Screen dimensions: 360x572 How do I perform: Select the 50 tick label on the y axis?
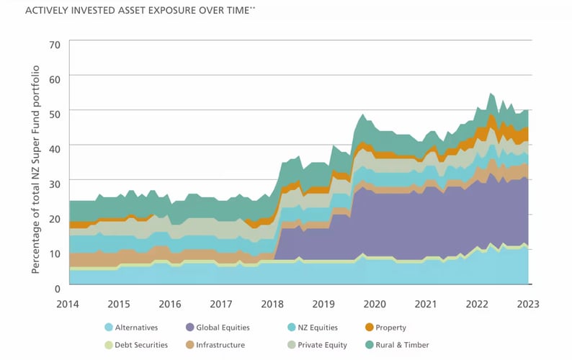pos(55,113)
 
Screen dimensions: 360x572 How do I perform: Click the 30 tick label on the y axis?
pos(55,183)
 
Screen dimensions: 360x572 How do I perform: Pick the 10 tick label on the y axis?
pos(55,252)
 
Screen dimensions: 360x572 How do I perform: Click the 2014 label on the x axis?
pos(69,304)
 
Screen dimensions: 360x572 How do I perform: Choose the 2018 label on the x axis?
pos(273,304)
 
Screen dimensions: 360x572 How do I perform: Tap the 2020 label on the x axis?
pos(375,304)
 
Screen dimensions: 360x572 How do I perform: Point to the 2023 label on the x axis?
pos(528,304)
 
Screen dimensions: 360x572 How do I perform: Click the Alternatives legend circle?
pos(109,327)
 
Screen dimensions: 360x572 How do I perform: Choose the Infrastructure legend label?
pos(220,345)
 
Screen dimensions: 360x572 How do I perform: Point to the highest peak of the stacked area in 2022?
pos(491,93)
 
